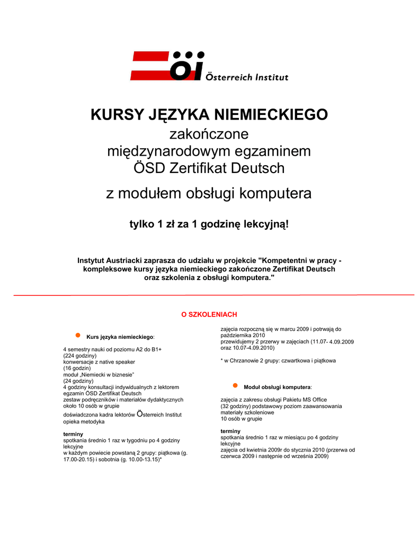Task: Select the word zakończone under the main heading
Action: click(209, 134)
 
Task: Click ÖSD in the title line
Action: click(150, 168)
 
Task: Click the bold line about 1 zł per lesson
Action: click(209, 224)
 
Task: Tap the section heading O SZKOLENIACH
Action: click(209, 314)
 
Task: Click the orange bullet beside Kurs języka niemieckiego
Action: click(77, 335)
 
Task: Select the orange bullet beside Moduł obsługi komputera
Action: click(235, 386)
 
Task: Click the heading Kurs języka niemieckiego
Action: click(121, 337)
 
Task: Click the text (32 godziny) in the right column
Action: click(236, 406)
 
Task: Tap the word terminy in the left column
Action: click(73, 434)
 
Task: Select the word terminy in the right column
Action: click(230, 431)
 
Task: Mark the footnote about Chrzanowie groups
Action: click(278, 360)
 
